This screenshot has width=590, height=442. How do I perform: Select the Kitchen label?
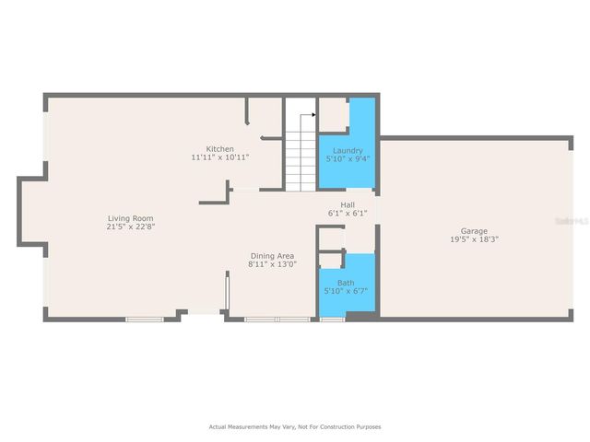219,149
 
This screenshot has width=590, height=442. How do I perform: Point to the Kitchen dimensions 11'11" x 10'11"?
219,157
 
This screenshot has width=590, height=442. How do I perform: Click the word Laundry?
348,150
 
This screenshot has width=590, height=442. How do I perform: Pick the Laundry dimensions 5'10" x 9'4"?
348,158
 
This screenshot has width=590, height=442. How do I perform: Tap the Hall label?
348,204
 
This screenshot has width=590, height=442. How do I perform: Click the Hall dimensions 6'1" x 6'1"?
348,213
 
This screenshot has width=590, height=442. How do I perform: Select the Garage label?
475,230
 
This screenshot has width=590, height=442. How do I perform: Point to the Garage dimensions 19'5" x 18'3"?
475,239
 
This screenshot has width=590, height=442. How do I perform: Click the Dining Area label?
272,255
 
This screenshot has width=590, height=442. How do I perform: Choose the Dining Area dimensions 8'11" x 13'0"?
272,264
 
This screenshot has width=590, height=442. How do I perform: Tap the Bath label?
346,283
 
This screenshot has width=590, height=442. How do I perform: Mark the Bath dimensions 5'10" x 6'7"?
346,291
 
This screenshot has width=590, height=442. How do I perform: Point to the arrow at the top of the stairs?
313,117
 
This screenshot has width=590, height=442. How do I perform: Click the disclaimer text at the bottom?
294,426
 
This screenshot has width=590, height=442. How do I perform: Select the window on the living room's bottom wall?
145,320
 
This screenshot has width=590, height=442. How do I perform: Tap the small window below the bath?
332,320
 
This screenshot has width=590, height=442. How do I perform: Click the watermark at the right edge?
576,221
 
